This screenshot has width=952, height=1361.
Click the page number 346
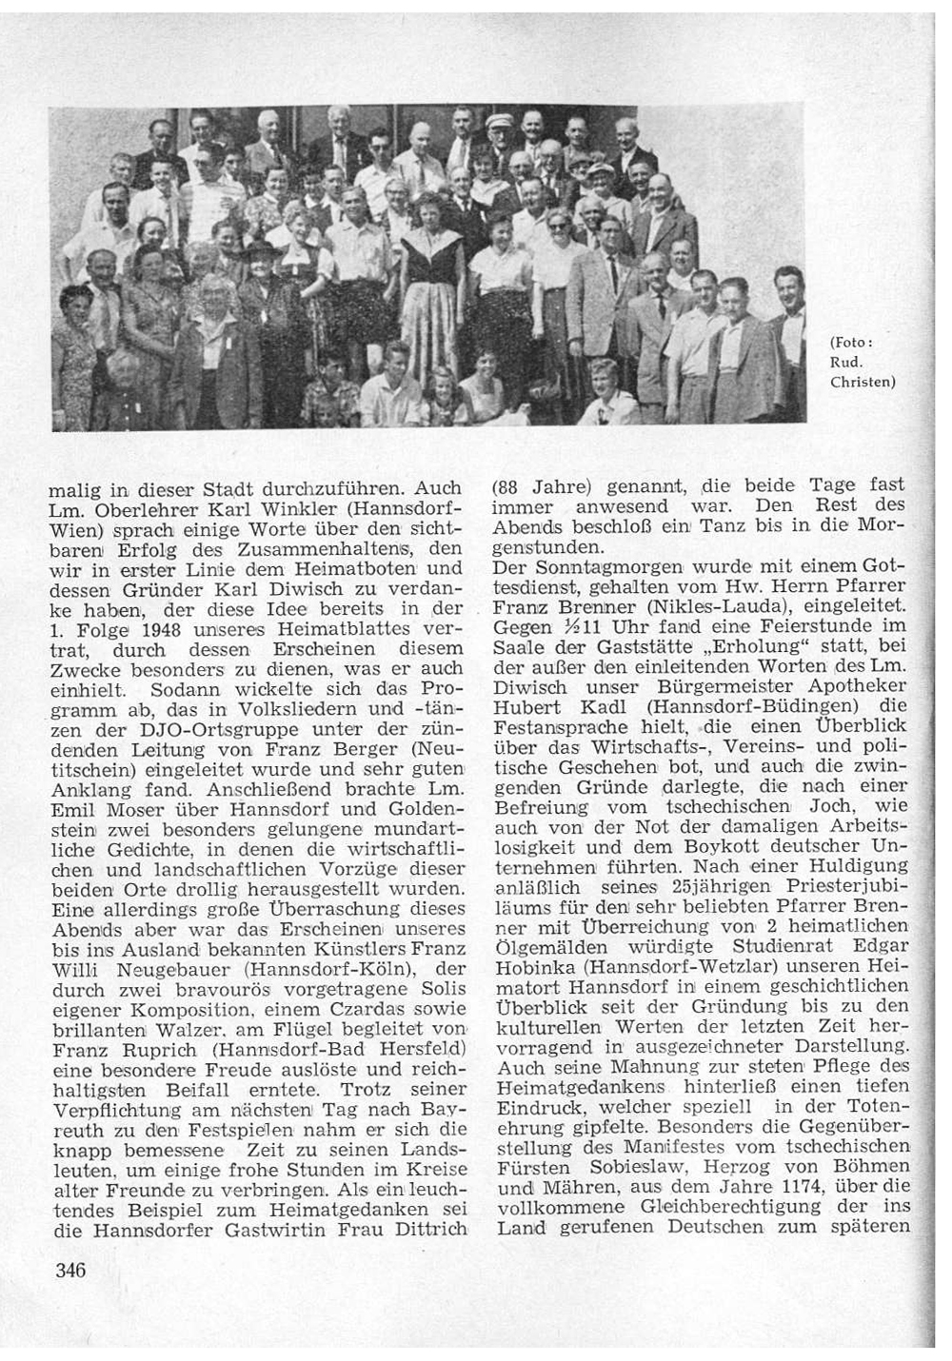tap(72, 1270)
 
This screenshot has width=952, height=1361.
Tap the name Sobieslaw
tap(625, 1167)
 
